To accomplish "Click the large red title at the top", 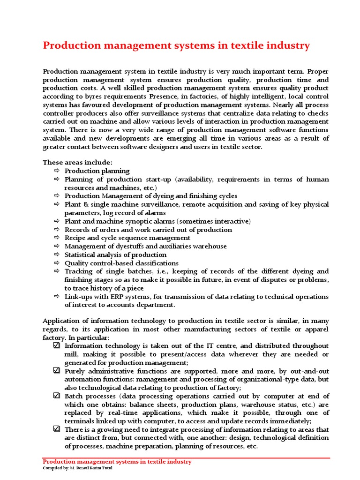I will (x=176, y=45).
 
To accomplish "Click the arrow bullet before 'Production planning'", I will (x=57, y=171).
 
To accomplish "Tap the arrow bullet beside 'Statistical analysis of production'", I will (x=57, y=255).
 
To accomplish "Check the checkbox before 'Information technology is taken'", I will (x=57, y=346).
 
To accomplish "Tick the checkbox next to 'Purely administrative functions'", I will (x=57, y=371).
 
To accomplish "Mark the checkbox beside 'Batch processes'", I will (x=57, y=396).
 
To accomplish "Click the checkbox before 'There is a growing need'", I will (x=57, y=429).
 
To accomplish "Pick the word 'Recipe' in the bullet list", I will (x=75, y=238).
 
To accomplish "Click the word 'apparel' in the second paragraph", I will (x=316, y=330).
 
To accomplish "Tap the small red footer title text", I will (x=117, y=462).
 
